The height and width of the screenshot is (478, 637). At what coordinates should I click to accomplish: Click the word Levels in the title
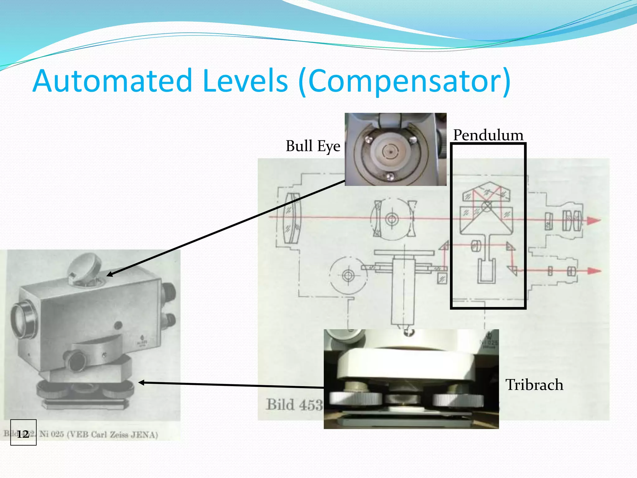[x=245, y=81]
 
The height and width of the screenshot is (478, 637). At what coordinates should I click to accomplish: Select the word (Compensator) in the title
[x=404, y=82]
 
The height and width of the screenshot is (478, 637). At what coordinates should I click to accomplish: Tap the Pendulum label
[x=488, y=135]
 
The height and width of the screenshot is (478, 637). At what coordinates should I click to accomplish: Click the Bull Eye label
[x=313, y=146]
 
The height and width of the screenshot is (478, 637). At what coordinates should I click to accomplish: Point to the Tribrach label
[x=534, y=385]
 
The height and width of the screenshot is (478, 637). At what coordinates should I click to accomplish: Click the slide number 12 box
[x=23, y=433]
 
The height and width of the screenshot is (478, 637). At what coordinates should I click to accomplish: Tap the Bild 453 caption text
[x=294, y=405]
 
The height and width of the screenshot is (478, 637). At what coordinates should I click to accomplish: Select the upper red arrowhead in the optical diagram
[x=594, y=220]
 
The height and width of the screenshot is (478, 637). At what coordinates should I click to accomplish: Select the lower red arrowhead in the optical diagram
[x=594, y=271]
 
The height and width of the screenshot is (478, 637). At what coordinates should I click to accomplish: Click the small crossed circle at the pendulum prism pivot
[x=487, y=205]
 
